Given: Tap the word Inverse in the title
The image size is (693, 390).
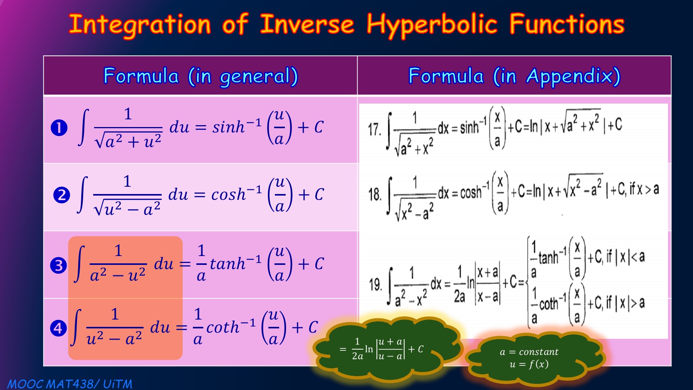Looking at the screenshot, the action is click(x=307, y=24).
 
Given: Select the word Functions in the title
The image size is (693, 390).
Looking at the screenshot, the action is click(x=567, y=24).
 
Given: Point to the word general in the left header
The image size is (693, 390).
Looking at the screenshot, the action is click(x=259, y=77).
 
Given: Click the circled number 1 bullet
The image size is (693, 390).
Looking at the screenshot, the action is click(x=59, y=128).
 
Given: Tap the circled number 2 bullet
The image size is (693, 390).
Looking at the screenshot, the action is click(x=62, y=195).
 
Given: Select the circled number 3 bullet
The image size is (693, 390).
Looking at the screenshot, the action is click(x=59, y=265).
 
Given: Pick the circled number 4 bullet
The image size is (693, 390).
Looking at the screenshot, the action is click(x=59, y=328).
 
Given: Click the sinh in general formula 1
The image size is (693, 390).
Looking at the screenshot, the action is click(x=229, y=127).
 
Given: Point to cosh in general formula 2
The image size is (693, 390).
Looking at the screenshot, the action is click(x=229, y=194).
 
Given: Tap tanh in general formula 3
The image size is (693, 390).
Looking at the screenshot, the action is click(x=228, y=264).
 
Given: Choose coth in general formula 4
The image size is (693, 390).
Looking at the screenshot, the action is click(x=223, y=327).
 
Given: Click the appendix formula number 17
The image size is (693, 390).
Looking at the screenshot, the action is click(x=375, y=130).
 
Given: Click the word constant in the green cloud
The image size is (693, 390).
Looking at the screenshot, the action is click(x=539, y=352).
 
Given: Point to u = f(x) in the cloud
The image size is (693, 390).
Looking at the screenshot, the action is click(x=529, y=364).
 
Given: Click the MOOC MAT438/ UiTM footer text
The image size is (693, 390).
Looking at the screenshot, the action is click(x=70, y=384).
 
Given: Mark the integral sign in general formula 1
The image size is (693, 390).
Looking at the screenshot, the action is click(x=83, y=127).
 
